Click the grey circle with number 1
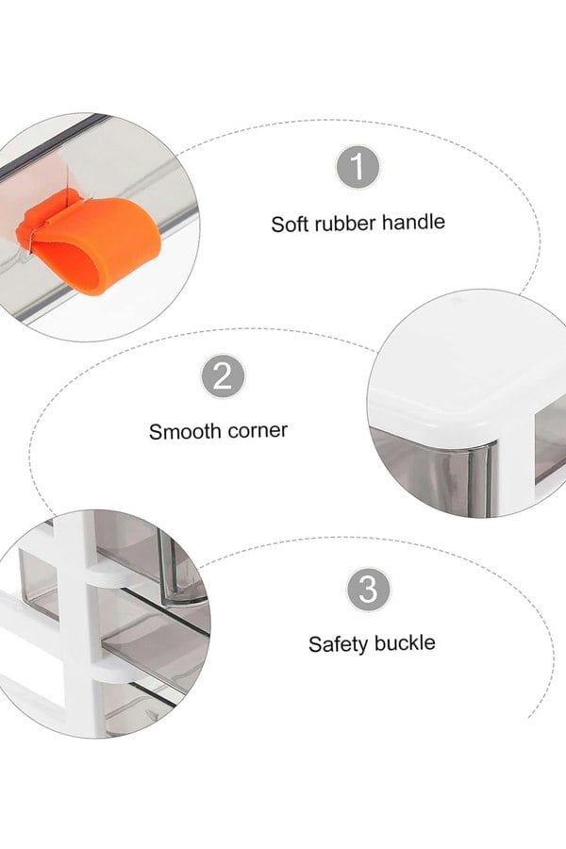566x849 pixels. point(357,167)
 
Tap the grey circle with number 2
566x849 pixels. point(223,375)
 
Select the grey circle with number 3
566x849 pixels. point(368,590)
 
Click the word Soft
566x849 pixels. point(289,224)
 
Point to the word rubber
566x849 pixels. point(344,223)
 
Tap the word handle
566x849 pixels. point(413,222)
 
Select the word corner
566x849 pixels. point(258,430)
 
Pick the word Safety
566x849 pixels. point(338,644)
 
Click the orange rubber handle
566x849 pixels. point(90,244)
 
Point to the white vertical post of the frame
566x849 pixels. point(79,623)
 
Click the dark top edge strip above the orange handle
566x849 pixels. point(54,144)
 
